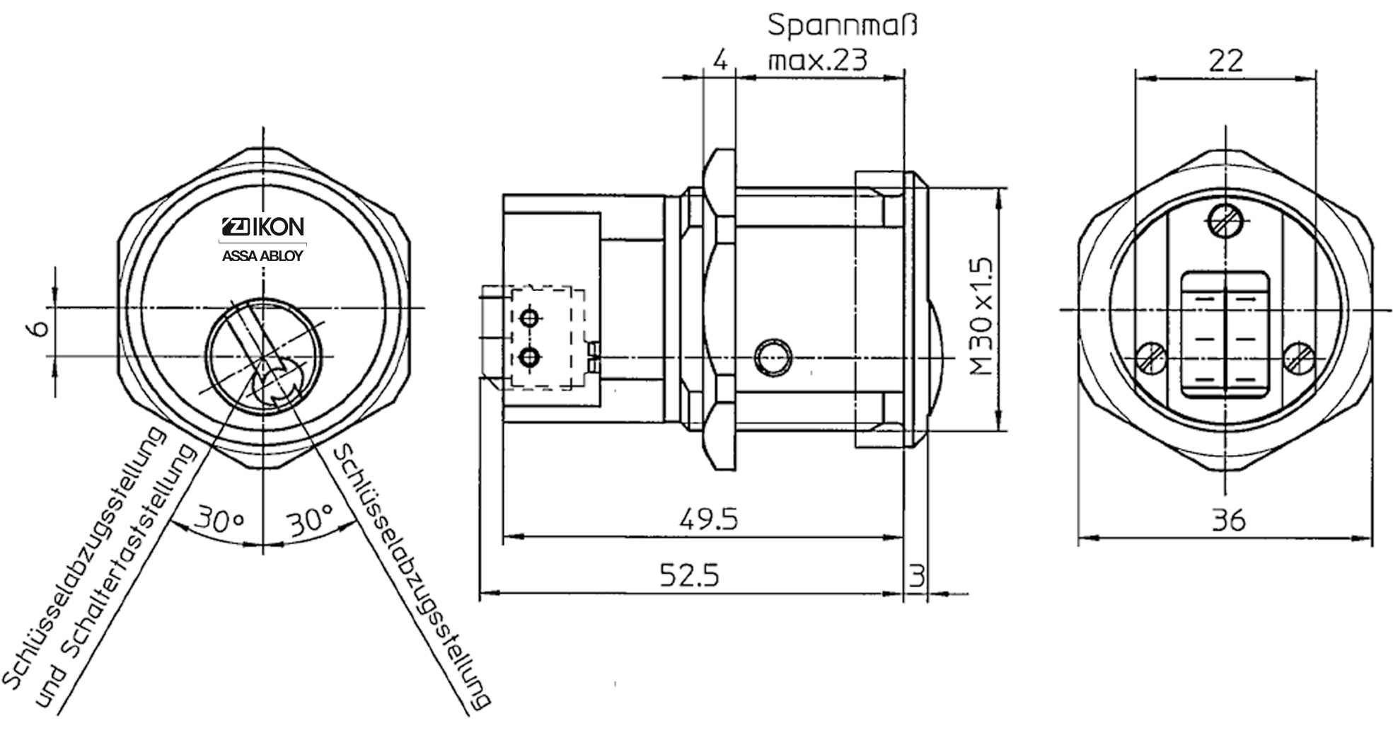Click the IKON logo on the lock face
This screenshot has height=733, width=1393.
263,226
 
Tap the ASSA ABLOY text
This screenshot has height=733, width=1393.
262,256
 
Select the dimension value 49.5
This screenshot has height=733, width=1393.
708,519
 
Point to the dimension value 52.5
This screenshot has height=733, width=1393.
689,575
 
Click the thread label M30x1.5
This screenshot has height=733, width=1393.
982,316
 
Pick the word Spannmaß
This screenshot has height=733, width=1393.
842,26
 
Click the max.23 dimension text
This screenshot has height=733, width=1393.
818,60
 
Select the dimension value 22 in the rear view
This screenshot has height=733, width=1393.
1225,61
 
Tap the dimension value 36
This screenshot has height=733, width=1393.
1227,521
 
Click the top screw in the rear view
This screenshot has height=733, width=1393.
1225,221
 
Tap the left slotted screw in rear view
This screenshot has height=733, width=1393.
1151,359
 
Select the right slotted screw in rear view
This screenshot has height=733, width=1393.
1299,359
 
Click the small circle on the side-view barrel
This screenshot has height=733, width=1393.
772,358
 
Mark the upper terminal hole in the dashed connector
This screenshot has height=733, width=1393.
528,318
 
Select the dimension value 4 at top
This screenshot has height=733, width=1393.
719,60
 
